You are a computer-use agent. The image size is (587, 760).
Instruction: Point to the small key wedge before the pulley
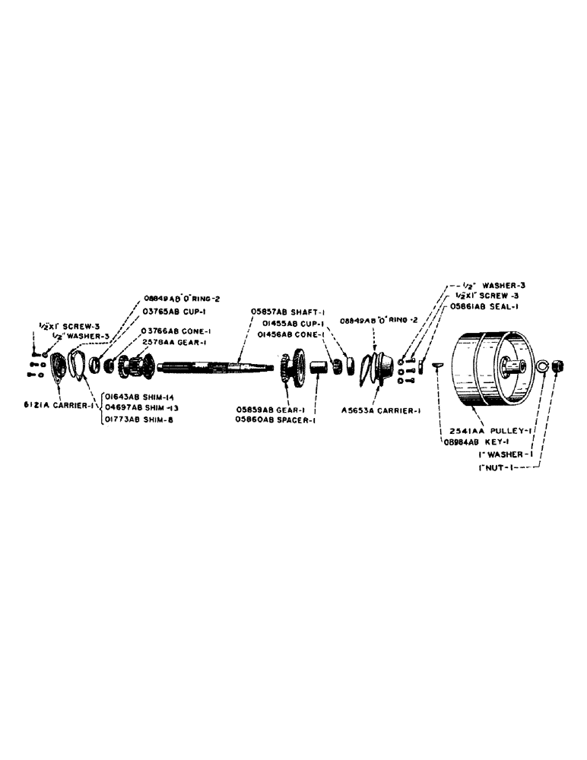pos(438,366)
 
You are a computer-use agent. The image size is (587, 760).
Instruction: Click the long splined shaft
pos(217,369)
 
